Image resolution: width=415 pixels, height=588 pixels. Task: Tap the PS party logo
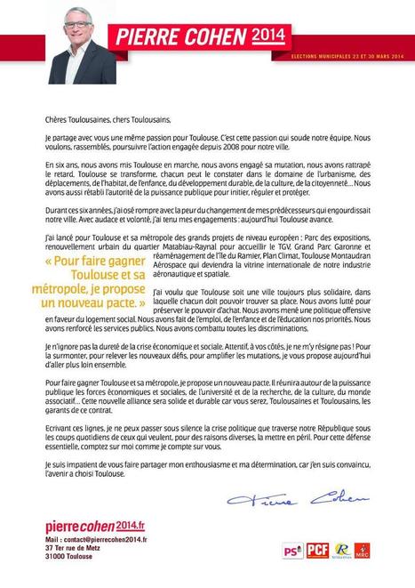tap(291, 552)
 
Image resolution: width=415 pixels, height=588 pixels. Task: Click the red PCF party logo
tap(318, 552)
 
